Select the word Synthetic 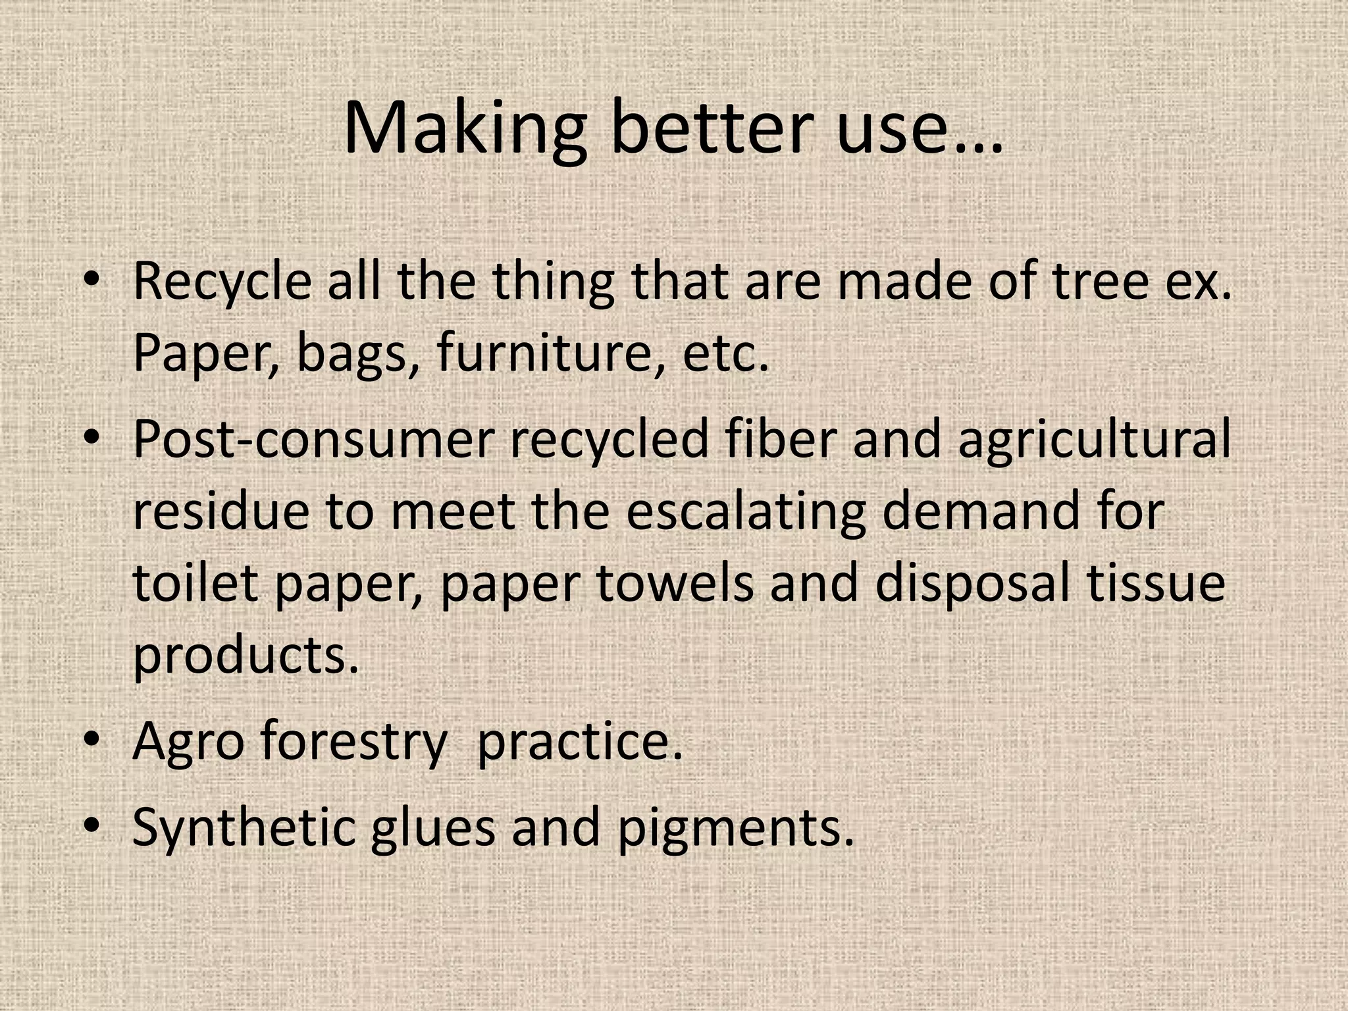pyautogui.click(x=244, y=827)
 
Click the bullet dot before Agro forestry pyautogui.click(x=93, y=739)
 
